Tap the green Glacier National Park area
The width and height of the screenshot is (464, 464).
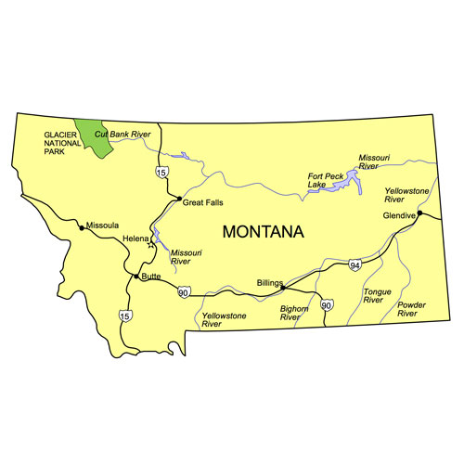[92, 137]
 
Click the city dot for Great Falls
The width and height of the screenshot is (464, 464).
[178, 200]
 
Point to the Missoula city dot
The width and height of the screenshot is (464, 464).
[83, 227]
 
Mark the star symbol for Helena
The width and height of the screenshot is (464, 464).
[150, 246]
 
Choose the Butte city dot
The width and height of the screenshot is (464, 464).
[136, 277]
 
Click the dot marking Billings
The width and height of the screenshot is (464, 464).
[282, 288]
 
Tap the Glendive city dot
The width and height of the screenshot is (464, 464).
[419, 213]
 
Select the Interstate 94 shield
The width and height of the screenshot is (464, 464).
[355, 266]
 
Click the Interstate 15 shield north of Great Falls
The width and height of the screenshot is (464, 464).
[161, 172]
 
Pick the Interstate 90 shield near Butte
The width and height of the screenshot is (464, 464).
[184, 293]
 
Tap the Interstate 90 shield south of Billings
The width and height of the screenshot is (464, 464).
[326, 304]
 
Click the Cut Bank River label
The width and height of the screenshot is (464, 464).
[123, 135]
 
